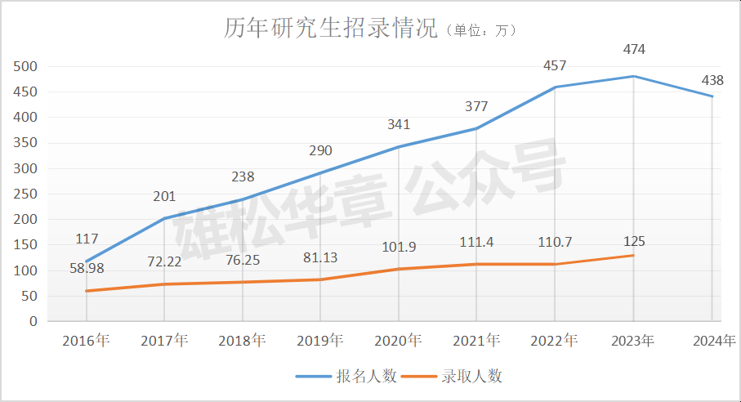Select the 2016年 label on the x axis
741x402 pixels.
point(86,340)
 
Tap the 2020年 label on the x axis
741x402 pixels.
point(398,340)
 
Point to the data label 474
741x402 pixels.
point(634,50)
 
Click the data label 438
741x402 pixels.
point(712,80)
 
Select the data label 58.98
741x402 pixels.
point(86,267)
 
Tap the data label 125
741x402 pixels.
point(634,241)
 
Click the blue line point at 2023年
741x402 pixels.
point(634,76)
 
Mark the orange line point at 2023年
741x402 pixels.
point(634,255)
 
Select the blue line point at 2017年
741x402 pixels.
point(164,218)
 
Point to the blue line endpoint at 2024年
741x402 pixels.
point(712,96)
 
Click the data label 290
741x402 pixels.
point(320,151)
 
